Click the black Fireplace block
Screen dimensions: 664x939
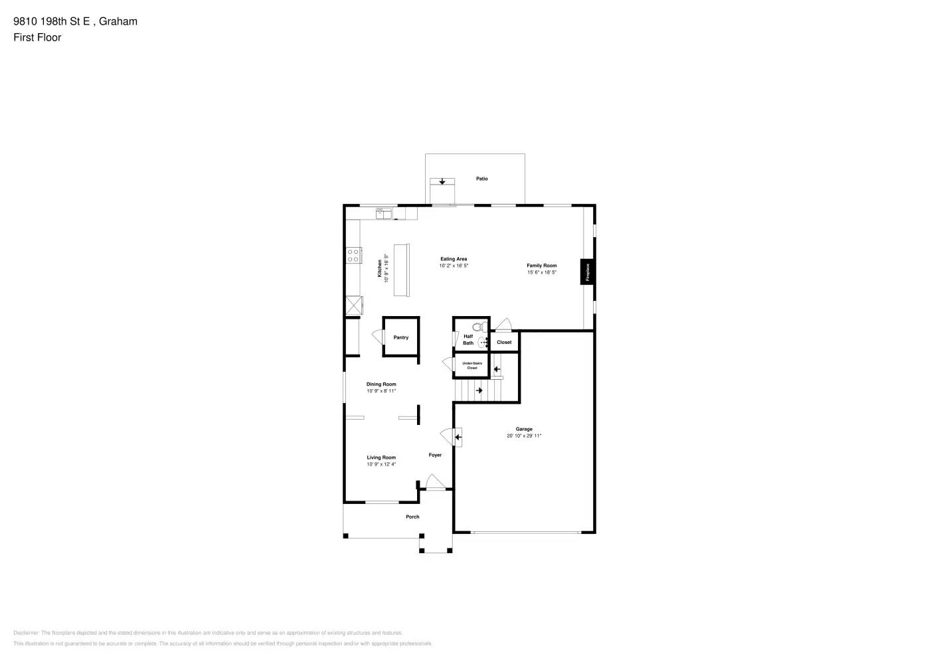pyautogui.click(x=587, y=271)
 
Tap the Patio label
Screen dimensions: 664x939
pyautogui.click(x=482, y=179)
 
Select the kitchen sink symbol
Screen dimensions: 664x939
pyautogui.click(x=384, y=213)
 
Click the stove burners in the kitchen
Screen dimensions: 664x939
pyautogui.click(x=353, y=255)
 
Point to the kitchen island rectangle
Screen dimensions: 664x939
pyautogui.click(x=402, y=270)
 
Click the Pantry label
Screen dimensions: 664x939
pyautogui.click(x=401, y=337)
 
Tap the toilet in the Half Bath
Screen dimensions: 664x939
pyautogui.click(x=477, y=327)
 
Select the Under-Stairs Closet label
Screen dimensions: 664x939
pyautogui.click(x=472, y=365)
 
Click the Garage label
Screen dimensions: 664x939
pyautogui.click(x=524, y=429)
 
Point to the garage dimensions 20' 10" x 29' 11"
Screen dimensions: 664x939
pyautogui.click(x=524, y=436)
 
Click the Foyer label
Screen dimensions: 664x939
pyautogui.click(x=435, y=455)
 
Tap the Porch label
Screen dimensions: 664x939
pyautogui.click(x=412, y=517)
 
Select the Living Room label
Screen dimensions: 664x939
pyautogui.click(x=381, y=457)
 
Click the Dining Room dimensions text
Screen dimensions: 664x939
pyautogui.click(x=381, y=391)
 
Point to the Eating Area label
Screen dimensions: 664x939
pyautogui.click(x=454, y=259)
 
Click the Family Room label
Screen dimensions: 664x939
pyautogui.click(x=542, y=266)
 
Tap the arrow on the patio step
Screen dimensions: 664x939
pyautogui.click(x=442, y=181)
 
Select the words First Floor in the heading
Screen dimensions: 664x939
pyautogui.click(x=37, y=37)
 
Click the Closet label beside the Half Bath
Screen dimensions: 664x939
pyautogui.click(x=504, y=343)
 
